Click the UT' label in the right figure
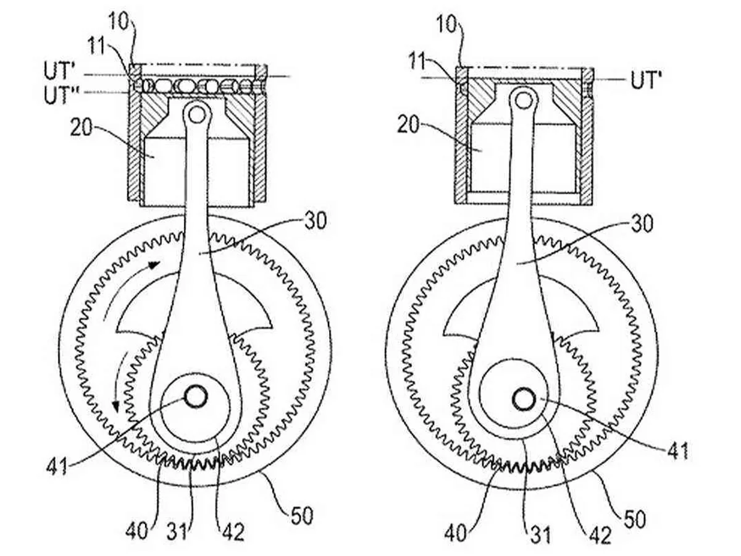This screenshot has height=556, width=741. tap(646, 80)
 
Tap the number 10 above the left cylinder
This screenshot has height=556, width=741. tap(119, 22)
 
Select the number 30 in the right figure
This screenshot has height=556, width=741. tap(642, 224)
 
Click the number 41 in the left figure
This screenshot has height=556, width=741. tap(57, 466)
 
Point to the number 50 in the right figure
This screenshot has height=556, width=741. tap(635, 519)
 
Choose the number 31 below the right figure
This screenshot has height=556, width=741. tap(540, 534)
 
